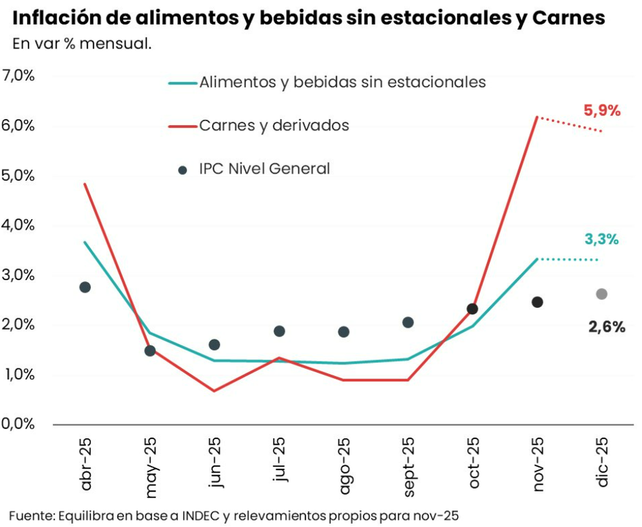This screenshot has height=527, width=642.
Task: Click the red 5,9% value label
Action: [x=602, y=111]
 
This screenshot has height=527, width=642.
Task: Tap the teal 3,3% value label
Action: [x=601, y=240]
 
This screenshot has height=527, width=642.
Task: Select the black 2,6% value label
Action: [x=607, y=327]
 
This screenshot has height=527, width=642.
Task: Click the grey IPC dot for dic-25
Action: [x=602, y=294]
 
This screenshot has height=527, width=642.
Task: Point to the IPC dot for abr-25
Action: [x=85, y=287]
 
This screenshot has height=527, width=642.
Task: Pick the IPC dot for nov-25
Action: [x=537, y=302]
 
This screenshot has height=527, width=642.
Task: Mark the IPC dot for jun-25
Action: [x=215, y=345]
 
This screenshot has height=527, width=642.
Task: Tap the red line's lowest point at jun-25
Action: [x=214, y=391]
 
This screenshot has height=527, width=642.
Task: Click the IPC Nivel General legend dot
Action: [x=182, y=170]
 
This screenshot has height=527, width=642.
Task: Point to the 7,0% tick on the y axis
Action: [x=18, y=75]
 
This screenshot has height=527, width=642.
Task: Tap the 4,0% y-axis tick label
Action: [x=18, y=225]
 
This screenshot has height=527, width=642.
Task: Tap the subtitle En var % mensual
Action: [x=82, y=44]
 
